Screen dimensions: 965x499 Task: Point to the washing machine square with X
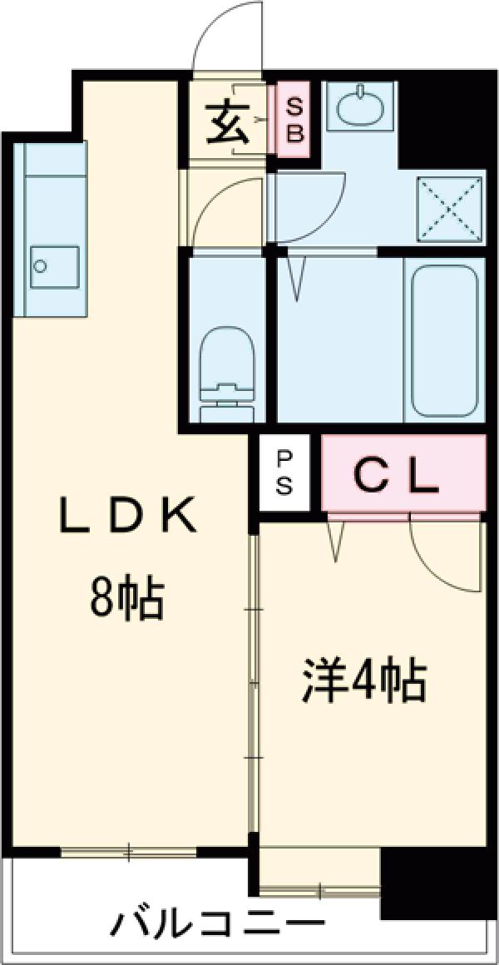[x=450, y=208]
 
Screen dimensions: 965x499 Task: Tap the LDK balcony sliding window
[x=129, y=851]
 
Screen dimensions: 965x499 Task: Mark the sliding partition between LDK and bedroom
[x=254, y=682]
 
